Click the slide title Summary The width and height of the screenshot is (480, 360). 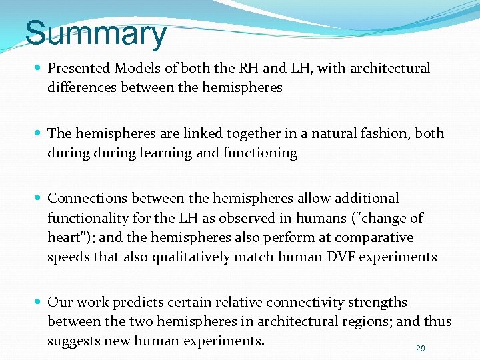pos(95,33)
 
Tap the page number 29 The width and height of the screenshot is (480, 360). pos(420,348)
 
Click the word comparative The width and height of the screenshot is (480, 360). pos(374,237)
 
